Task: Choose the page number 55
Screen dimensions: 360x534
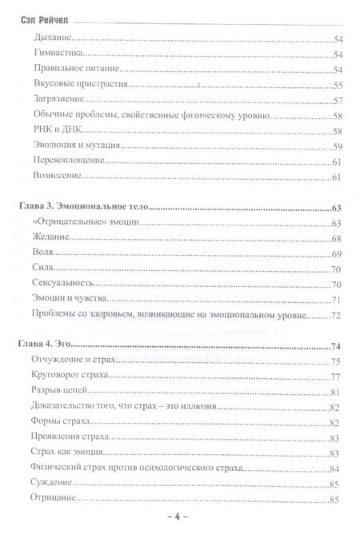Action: click(338, 86)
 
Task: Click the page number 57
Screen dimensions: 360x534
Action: click(338, 101)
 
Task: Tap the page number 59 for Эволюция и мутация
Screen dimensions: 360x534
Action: click(338, 146)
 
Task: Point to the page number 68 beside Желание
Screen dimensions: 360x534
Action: click(338, 238)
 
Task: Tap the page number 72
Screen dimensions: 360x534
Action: click(338, 315)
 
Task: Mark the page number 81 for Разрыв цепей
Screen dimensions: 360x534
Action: click(338, 393)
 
